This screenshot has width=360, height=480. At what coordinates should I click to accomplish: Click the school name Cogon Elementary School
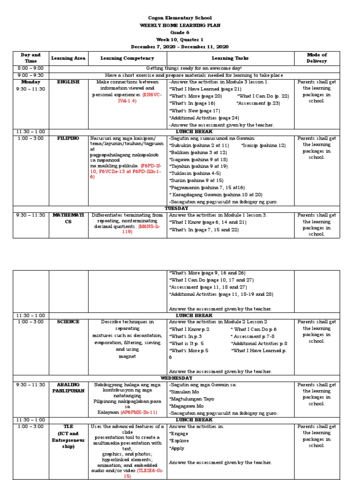(x=180, y=18)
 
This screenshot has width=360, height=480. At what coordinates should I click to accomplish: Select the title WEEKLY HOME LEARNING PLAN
(x=180, y=25)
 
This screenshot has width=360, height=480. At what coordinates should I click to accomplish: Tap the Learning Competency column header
(x=127, y=58)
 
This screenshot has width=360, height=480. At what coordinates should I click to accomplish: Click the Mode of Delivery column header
(x=316, y=58)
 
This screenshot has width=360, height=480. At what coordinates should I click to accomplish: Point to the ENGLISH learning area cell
(x=68, y=82)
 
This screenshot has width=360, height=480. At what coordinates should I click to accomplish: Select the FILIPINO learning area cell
(x=68, y=138)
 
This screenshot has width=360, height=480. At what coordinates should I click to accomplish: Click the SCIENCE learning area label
(x=68, y=322)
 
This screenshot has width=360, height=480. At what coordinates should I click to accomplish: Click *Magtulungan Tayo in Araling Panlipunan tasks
(x=192, y=399)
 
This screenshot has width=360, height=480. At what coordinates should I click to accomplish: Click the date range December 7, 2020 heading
(x=180, y=47)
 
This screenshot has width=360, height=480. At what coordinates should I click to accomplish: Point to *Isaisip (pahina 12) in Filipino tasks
(x=263, y=145)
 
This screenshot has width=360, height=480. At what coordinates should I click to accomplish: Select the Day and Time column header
(x=31, y=58)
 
